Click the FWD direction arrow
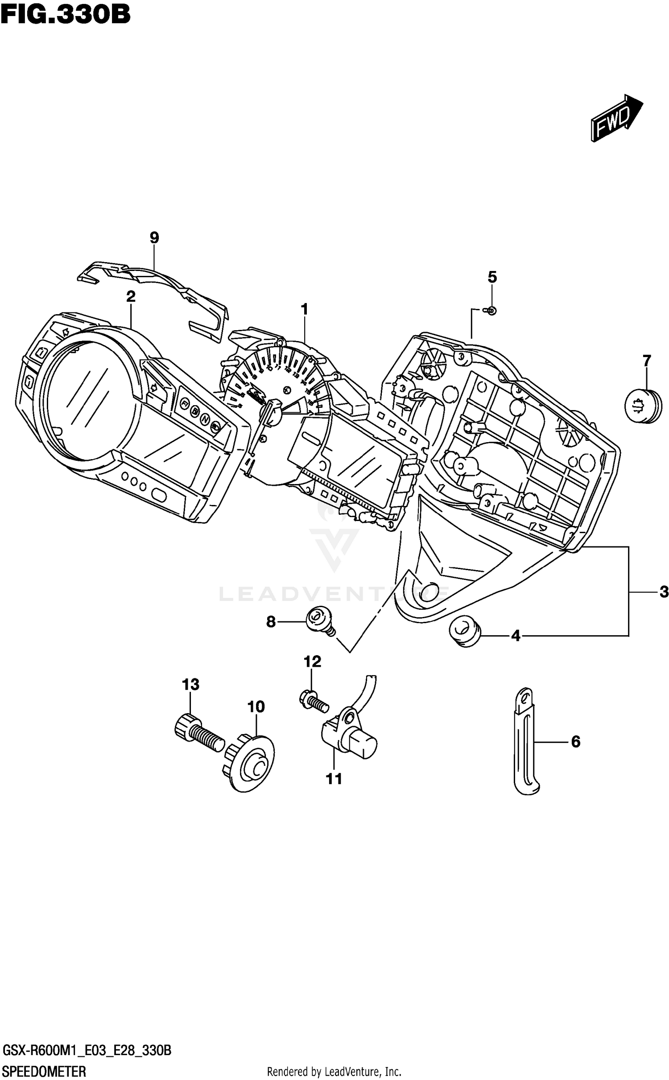(x=616, y=118)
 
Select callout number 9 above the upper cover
(x=154, y=238)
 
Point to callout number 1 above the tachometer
(x=305, y=309)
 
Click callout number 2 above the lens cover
(x=131, y=296)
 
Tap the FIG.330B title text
(x=66, y=14)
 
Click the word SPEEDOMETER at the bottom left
(x=44, y=1071)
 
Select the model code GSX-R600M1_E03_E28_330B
(x=87, y=1051)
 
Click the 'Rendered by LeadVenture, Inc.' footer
(x=334, y=1071)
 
